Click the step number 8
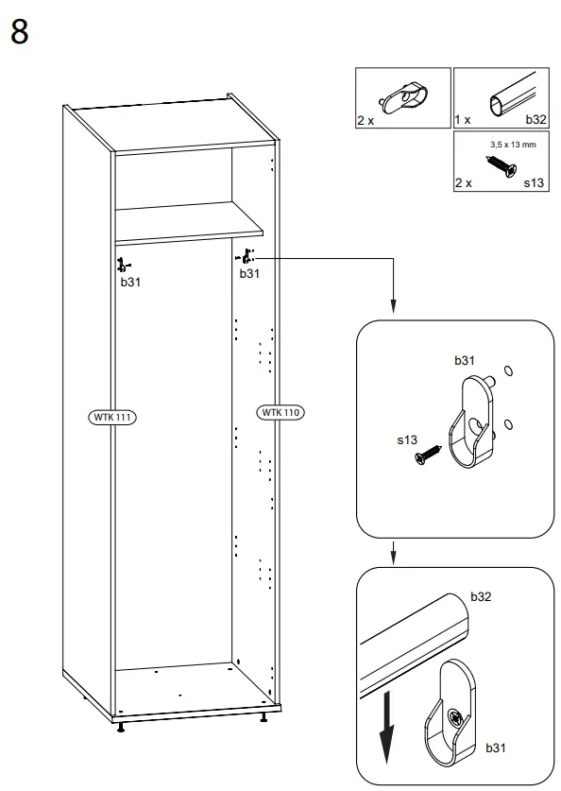20,31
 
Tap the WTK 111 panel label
110,416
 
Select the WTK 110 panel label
282,412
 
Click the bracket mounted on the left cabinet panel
121,265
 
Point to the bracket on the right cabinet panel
247,256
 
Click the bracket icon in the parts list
401,96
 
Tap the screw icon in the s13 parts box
500,166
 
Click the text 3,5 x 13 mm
513,145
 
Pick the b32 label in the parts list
535,121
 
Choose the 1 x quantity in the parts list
463,121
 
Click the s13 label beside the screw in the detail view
407,440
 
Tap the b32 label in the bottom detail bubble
482,597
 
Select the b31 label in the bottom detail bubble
496,748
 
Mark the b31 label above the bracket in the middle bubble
465,360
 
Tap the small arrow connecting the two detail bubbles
394,552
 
